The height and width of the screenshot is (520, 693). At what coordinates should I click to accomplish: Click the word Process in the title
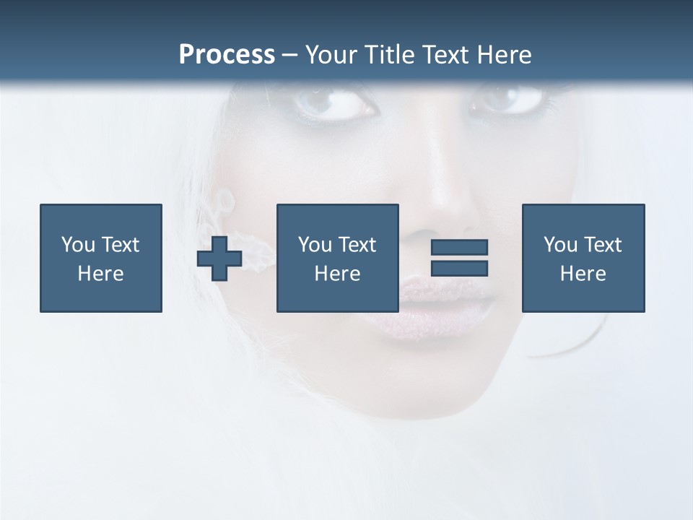coord(227,55)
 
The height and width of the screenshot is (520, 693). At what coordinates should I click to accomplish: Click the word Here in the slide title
coord(502,55)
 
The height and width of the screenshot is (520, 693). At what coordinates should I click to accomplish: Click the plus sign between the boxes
coord(219,259)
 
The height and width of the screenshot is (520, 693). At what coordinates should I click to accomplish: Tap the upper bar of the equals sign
coord(459,248)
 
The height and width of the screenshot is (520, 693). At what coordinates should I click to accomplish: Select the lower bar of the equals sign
coord(459,268)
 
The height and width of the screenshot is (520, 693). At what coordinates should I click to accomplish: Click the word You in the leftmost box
coord(78,245)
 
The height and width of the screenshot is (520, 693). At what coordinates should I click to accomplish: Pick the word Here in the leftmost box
coord(100,274)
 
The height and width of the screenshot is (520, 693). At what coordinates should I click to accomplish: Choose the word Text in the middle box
coord(357,245)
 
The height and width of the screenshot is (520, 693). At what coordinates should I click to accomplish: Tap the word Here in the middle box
coord(337,274)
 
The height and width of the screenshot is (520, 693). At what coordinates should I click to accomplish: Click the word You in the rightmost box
coord(560,245)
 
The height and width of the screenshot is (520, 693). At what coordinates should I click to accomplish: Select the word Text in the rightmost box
coord(602,245)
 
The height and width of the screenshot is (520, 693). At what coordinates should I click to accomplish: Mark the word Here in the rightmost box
coord(583,274)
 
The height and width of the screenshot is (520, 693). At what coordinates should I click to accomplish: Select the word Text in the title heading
coord(441,55)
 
